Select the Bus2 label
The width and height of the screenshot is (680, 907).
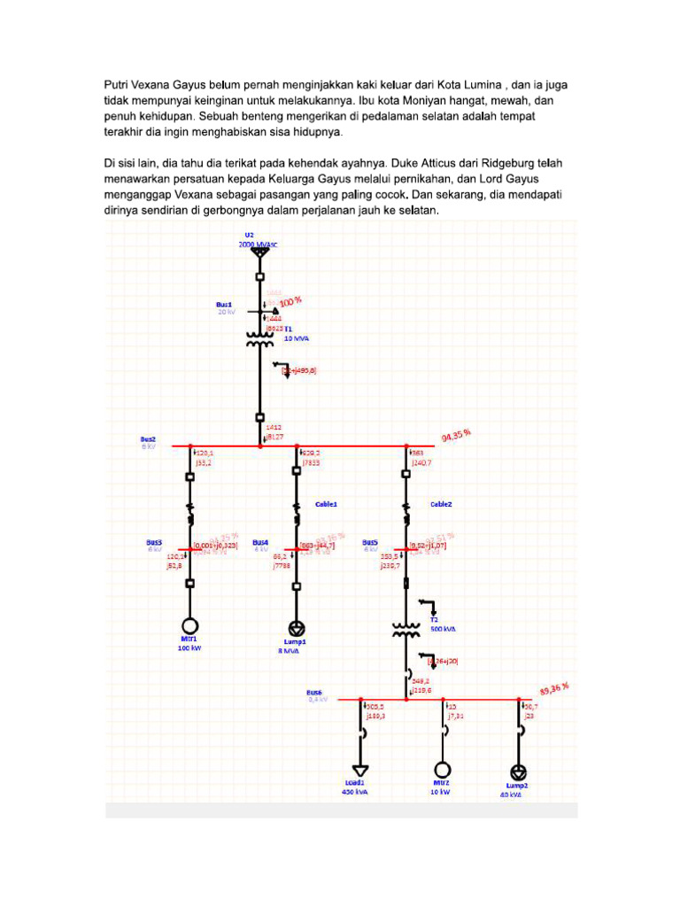[x=147, y=438]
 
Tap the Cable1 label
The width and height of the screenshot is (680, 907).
[x=327, y=503]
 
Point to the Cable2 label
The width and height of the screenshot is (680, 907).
[x=440, y=503]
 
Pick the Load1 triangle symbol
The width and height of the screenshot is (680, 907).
[x=360, y=770]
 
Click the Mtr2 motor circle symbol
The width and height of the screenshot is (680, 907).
[x=442, y=769]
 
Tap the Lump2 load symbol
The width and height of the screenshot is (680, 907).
[x=519, y=771]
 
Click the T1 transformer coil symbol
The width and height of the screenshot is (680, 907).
[x=259, y=339]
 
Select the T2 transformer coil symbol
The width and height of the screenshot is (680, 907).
[x=406, y=630]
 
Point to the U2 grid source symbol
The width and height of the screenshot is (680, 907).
[x=259, y=253]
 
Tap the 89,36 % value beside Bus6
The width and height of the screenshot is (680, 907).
[x=553, y=688]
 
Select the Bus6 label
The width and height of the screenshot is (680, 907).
[x=315, y=692]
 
